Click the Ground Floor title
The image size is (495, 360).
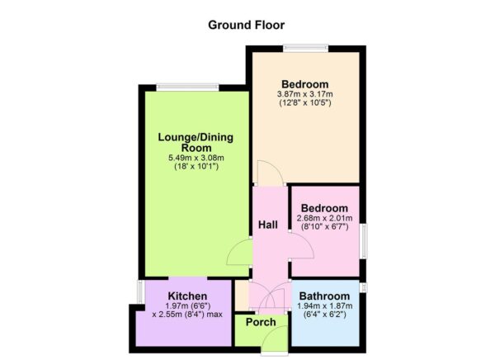pos(247,25)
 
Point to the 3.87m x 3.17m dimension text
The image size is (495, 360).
pos(304,94)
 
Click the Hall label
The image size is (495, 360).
pos(267,225)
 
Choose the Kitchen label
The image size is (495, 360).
pos(187,296)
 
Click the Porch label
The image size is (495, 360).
pos(261,323)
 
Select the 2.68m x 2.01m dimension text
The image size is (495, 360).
pos(325,218)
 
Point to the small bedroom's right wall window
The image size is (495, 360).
pos(362,236)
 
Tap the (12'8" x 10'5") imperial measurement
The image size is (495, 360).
pos(304,103)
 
